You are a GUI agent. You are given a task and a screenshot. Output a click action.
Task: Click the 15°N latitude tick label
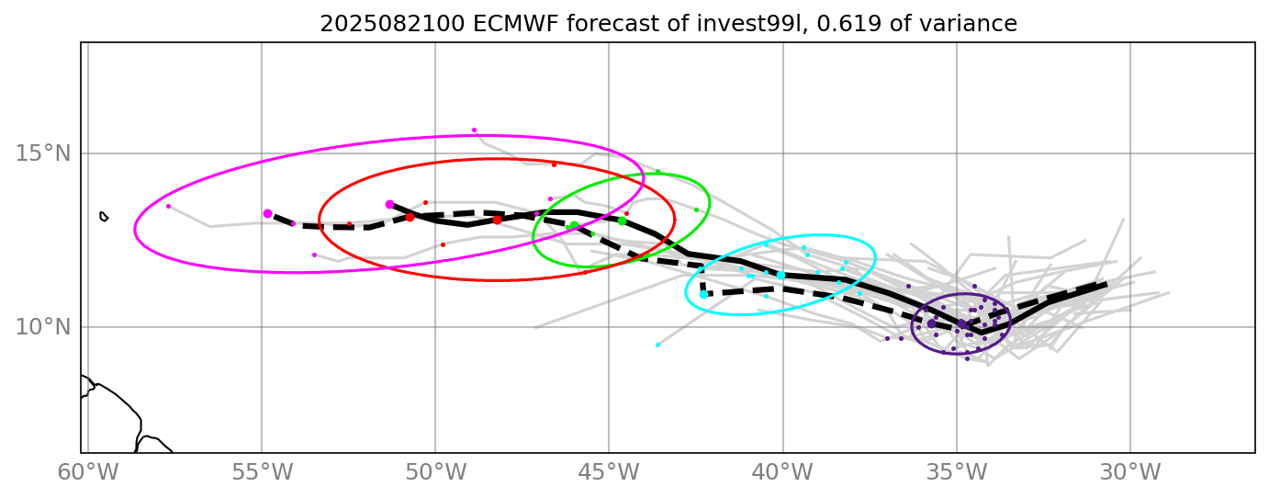coord(42,153)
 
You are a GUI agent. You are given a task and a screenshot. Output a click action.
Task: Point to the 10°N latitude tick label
coord(42,327)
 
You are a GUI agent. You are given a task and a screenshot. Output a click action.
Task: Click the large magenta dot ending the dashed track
coord(267,213)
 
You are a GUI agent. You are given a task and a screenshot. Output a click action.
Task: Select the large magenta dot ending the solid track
coord(389,205)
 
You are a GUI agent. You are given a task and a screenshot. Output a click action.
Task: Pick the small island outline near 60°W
coord(104,217)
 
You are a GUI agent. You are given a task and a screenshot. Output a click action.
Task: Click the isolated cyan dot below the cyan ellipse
coord(657,345)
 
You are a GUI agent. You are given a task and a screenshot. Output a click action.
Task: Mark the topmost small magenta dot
coord(474,130)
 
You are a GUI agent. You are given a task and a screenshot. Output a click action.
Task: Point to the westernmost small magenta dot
coord(168,207)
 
